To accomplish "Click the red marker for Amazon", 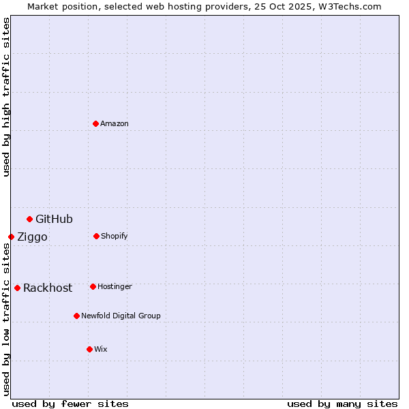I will pyautogui.click(x=96, y=123).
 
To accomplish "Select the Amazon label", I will pyautogui.click(x=115, y=124).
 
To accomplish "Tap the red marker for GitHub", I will pyautogui.click(x=30, y=219).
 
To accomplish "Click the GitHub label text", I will pyautogui.click(x=54, y=219).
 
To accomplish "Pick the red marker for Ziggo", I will pyautogui.click(x=12, y=237).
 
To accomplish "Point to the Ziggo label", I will pyautogui.click(x=32, y=237).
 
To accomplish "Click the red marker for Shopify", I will pyautogui.click(x=97, y=236).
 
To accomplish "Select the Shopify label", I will pyautogui.click(x=115, y=237).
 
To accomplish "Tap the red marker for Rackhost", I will pyautogui.click(x=18, y=288).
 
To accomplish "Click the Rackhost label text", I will pyautogui.click(x=48, y=288).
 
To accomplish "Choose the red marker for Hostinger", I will pyautogui.click(x=93, y=286).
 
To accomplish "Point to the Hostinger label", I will pyautogui.click(x=115, y=287).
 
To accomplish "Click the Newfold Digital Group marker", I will pyautogui.click(x=77, y=316).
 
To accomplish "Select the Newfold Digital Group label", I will pyautogui.click(x=121, y=316).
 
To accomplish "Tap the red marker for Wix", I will pyautogui.click(x=90, y=349).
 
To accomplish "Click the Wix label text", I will pyautogui.click(x=101, y=350).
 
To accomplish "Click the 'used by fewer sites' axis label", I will pyautogui.click(x=70, y=404).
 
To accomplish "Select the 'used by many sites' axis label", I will pyautogui.click(x=342, y=404).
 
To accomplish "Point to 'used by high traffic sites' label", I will pyautogui.click(x=6, y=97).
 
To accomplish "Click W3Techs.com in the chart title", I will pyautogui.click(x=350, y=6).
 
